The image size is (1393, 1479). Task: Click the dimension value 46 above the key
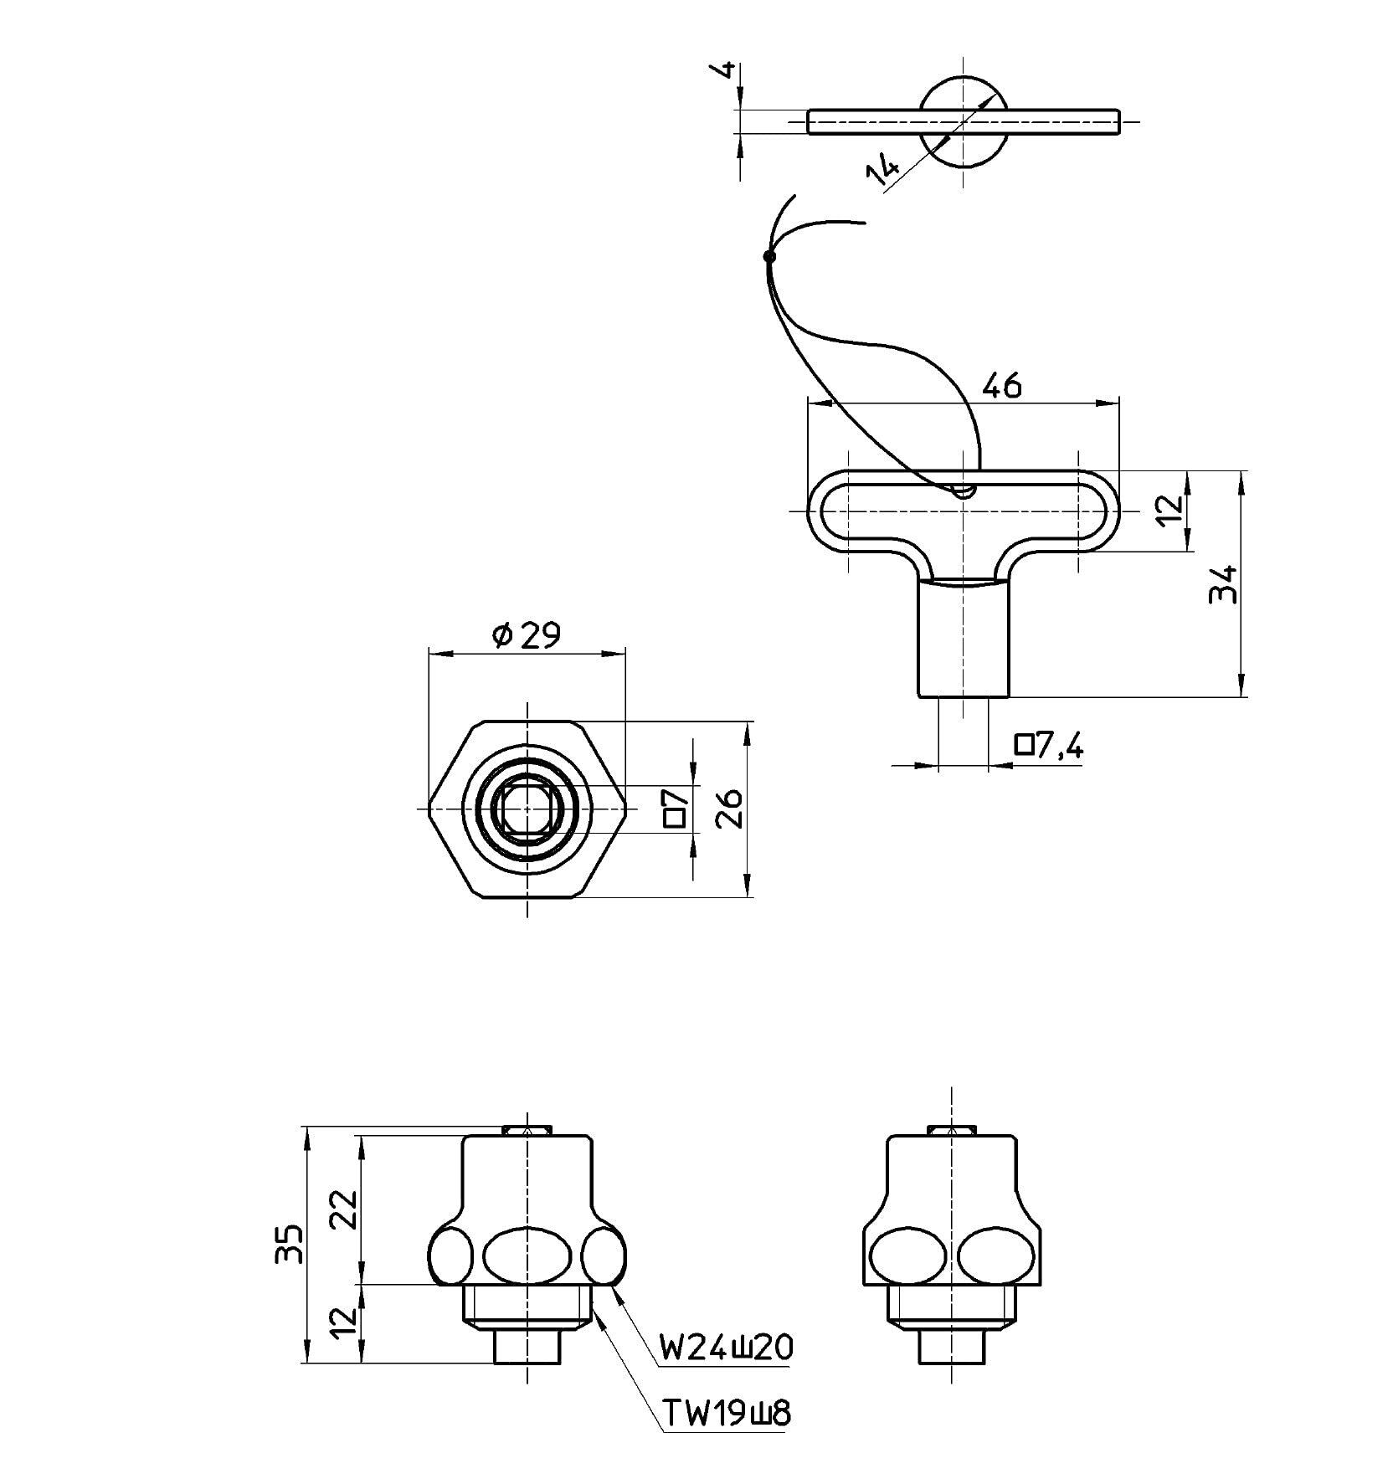1001,386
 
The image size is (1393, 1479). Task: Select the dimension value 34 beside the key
1223,583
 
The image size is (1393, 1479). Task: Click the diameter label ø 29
527,636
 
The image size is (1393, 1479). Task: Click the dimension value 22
344,1209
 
